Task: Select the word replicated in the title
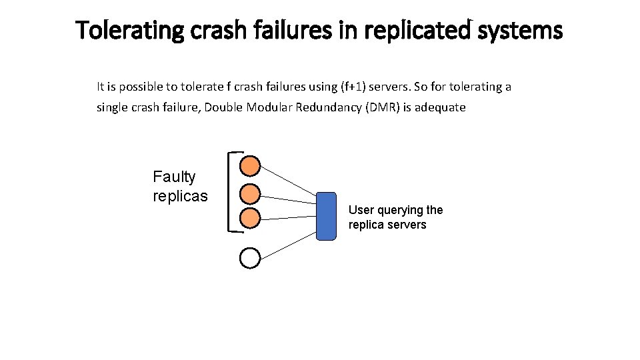point(423,30)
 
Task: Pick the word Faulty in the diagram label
point(174,177)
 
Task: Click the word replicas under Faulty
point(180,196)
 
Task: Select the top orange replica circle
point(249,165)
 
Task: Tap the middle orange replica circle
point(249,193)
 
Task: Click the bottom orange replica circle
point(249,218)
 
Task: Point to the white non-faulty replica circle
point(249,258)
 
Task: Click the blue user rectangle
point(326,215)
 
